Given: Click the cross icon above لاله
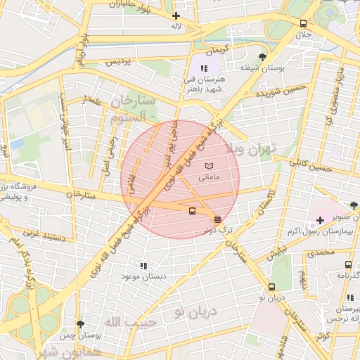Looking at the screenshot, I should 176,15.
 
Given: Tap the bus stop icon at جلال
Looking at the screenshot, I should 303,22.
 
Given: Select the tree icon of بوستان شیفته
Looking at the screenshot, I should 263,57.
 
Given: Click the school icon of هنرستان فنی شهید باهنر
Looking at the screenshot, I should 204,68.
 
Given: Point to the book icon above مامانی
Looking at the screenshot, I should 209,165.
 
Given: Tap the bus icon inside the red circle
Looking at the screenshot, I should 192,210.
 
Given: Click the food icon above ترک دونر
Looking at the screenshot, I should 217,219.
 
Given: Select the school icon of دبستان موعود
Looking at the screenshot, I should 144,266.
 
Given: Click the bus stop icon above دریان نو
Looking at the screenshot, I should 271,287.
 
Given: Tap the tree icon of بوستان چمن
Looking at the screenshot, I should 80,324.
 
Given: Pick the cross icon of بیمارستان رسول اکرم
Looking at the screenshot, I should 320,221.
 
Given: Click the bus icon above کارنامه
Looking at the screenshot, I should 348,264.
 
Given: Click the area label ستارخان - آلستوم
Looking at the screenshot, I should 134,110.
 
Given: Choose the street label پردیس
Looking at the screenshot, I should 119,63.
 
